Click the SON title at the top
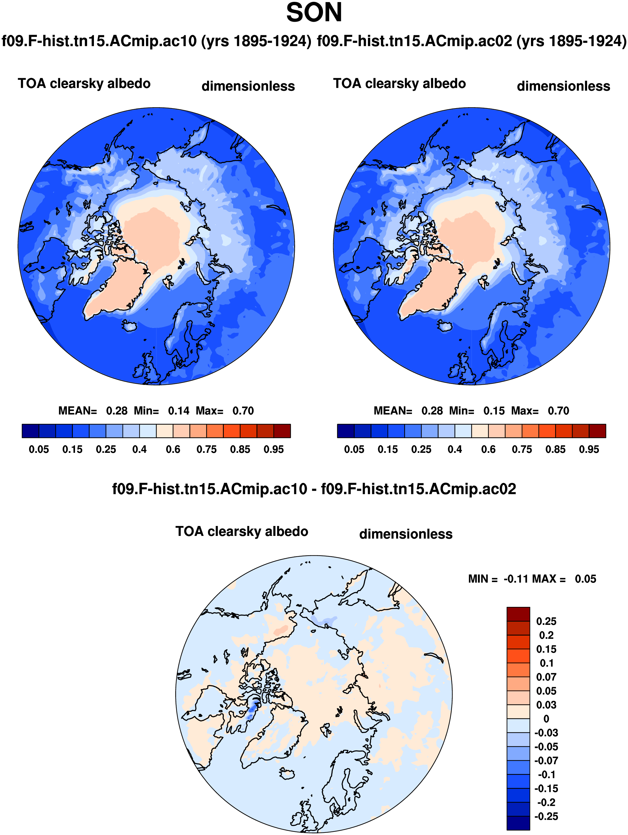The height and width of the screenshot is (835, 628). pos(314,13)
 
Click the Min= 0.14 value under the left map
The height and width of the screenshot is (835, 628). pos(179,411)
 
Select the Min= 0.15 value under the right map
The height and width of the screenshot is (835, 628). pos(494,411)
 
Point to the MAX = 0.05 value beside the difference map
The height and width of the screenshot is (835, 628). pos(585,579)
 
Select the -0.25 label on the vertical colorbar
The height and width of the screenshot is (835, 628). pos(546,816)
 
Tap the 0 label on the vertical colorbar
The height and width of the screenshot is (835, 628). pos(546,719)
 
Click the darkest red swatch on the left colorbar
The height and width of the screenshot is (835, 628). pos(282,431)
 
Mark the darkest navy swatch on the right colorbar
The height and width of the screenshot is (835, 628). pos(345,431)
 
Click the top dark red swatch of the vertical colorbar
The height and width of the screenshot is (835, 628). pos(518,614)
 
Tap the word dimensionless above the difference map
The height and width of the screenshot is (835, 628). pos(406,534)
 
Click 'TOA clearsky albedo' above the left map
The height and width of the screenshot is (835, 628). pos(84,83)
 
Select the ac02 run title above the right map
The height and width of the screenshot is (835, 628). pos(472,41)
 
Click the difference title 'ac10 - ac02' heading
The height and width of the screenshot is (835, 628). pos(314,489)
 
